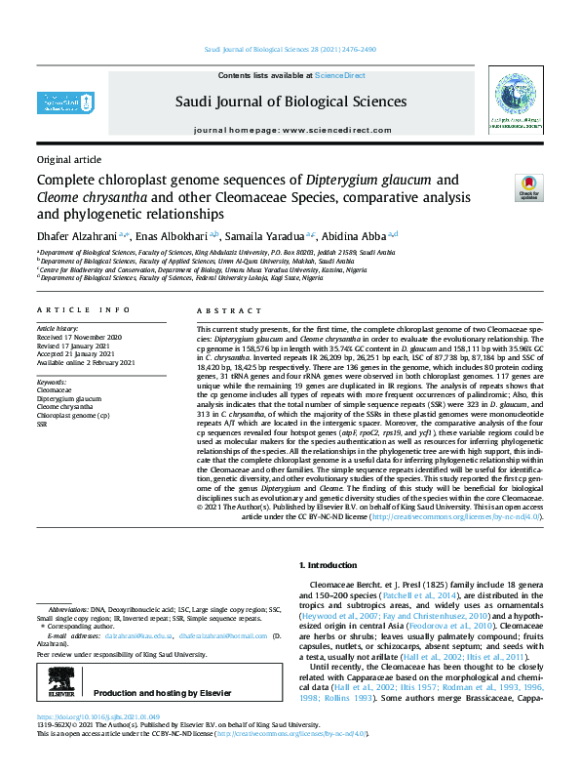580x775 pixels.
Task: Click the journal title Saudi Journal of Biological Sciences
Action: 290,101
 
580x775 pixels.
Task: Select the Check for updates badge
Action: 527,186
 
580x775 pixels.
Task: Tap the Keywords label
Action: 52,381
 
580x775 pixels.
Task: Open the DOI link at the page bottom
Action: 98,746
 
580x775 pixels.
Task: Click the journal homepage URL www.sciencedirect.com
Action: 332,130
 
